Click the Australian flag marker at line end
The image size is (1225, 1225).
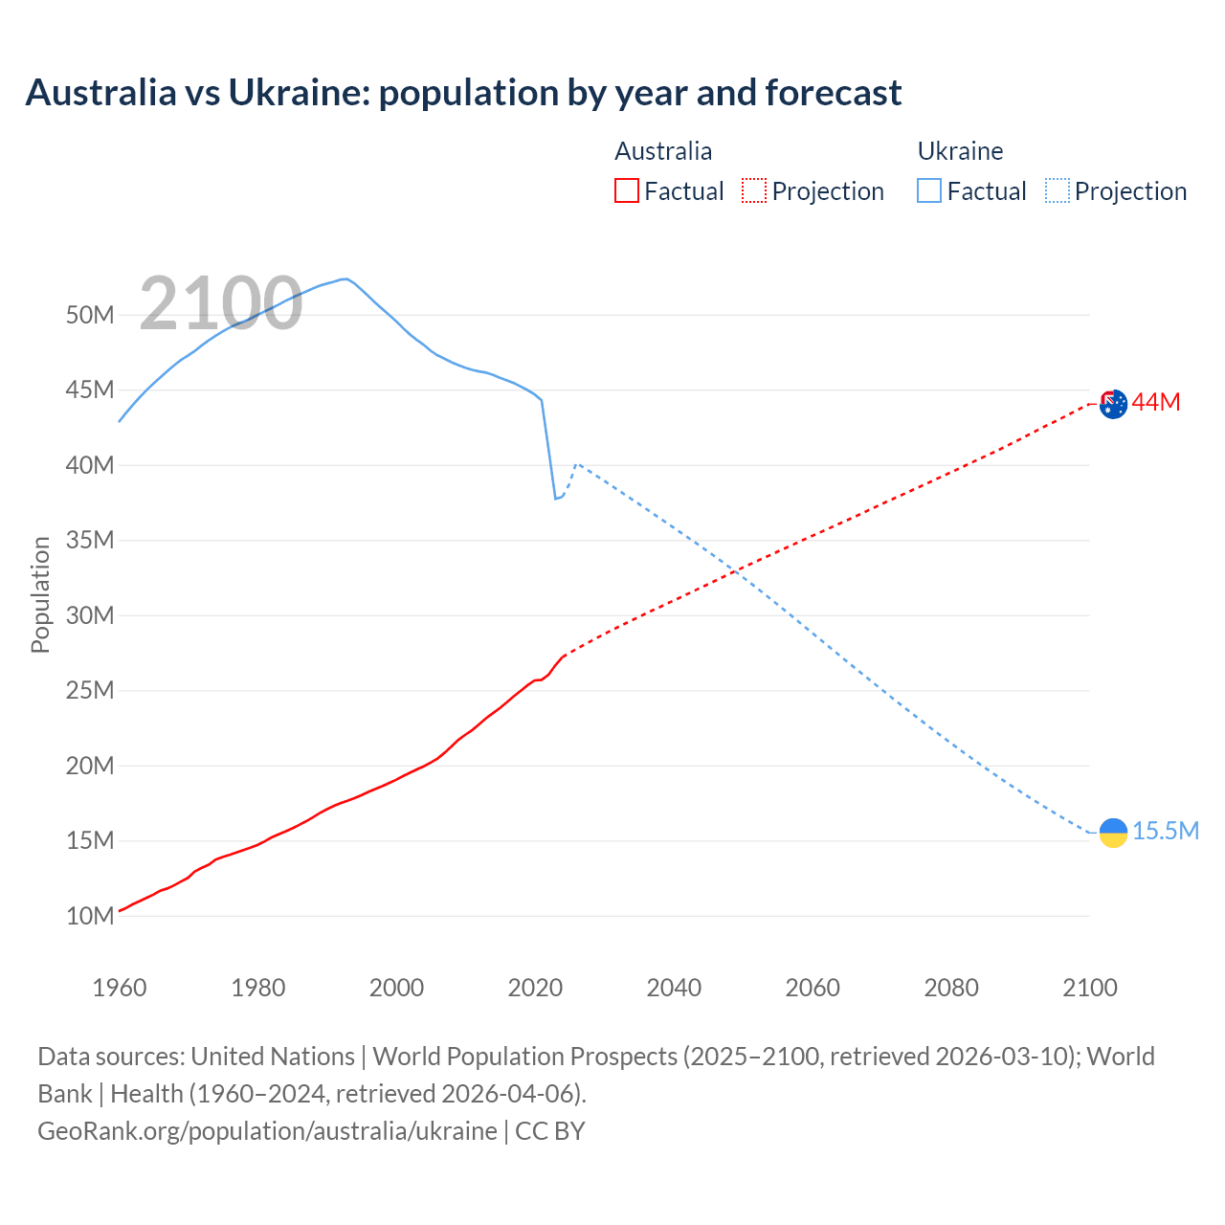click(x=1113, y=404)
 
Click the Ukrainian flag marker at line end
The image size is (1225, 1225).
click(x=1113, y=833)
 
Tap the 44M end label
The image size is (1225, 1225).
click(x=1156, y=403)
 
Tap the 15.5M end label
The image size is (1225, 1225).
click(x=1166, y=831)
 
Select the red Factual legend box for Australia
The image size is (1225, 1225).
click(x=626, y=190)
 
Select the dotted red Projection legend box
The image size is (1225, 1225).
click(x=754, y=190)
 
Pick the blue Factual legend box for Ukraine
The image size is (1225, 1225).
click(x=929, y=190)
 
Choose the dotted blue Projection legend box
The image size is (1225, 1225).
click(x=1058, y=190)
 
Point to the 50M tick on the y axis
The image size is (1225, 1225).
click(x=90, y=315)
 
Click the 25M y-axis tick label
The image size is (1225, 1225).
click(x=90, y=690)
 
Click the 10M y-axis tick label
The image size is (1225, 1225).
click(x=90, y=916)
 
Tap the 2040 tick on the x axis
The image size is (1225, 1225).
click(x=674, y=988)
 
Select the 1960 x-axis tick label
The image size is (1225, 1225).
click(x=120, y=988)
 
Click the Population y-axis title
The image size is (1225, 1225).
click(x=40, y=594)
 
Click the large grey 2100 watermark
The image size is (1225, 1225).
click(x=221, y=304)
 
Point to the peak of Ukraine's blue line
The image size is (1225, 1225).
click(x=345, y=278)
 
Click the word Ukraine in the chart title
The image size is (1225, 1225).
click(x=297, y=93)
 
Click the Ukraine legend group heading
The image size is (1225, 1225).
click(x=960, y=151)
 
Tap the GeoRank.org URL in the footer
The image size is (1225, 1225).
click(x=267, y=1130)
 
